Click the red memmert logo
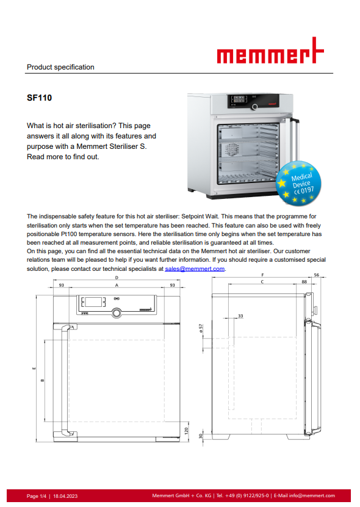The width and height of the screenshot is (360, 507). pos(270,51)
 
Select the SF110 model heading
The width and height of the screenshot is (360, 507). pos(40,98)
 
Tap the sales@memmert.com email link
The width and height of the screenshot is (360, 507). pos(195,268)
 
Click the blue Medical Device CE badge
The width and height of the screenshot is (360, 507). pos(299,183)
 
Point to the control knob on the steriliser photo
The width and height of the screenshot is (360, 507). pos(255,107)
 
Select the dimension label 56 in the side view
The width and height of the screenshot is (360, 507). pos(316,275)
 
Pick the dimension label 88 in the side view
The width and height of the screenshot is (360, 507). pos(304,282)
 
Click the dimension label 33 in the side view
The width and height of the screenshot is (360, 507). pos(240,316)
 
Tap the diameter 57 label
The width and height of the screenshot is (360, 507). pos(201,328)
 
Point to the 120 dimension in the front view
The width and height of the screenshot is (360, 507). pos(186,431)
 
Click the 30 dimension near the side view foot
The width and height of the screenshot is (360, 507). pos(201,436)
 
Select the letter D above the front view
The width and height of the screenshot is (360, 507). pos(117,278)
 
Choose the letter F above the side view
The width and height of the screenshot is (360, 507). pos(262,275)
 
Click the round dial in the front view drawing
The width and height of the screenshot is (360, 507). pos(117,312)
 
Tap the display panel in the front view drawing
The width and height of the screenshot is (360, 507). pos(93,302)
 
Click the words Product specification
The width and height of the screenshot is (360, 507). pos(60,67)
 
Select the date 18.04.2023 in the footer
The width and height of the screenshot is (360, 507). pos(65,496)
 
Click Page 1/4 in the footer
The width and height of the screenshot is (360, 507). pos(37,496)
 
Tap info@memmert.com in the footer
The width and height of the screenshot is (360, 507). pos(312,495)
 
